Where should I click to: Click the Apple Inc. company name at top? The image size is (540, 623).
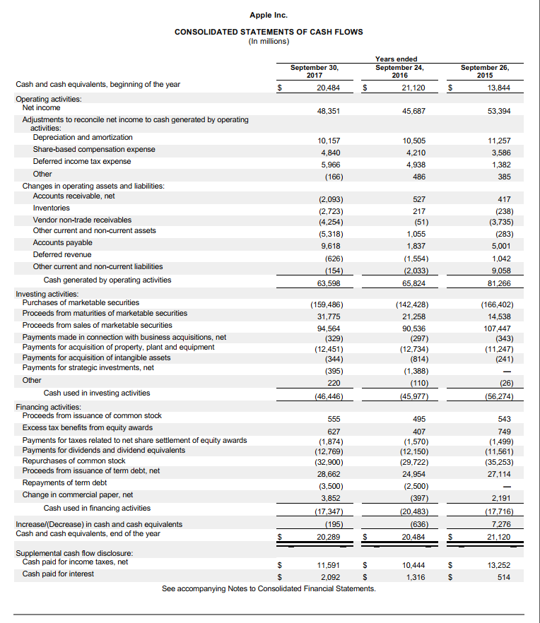269,15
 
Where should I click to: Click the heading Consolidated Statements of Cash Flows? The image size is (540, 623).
269,32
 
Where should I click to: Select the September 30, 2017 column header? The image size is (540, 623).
315,71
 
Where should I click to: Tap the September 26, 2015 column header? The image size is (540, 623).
485,71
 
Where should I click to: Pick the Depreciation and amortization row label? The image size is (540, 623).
83,138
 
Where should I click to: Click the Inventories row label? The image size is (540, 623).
52,208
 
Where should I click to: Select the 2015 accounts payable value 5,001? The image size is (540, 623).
500,246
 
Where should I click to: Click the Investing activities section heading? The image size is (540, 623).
47,293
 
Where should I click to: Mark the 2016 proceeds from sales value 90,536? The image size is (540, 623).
413,328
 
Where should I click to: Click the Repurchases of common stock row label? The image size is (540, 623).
74,461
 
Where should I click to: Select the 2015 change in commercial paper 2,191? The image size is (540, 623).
500,497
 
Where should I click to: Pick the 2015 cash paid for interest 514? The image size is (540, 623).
503,577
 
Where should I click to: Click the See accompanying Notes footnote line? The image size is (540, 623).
269,588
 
